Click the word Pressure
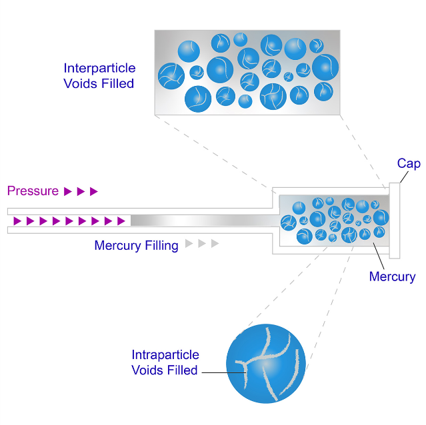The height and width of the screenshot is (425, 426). (x=33, y=191)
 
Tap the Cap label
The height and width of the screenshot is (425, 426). (x=409, y=164)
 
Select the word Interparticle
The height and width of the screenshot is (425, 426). (x=100, y=68)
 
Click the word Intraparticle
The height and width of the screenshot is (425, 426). (x=165, y=354)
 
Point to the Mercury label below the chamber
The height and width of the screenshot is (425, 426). (x=392, y=277)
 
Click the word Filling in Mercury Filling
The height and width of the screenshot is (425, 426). (x=161, y=246)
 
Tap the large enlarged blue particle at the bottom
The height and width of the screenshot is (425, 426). (x=266, y=364)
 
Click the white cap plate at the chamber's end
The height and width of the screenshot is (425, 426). (x=395, y=220)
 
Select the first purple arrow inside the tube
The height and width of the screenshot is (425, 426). (x=17, y=221)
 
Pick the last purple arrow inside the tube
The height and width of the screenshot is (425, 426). (x=121, y=221)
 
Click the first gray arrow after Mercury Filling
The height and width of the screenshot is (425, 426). (x=189, y=243)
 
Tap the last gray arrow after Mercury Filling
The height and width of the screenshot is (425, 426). (x=215, y=243)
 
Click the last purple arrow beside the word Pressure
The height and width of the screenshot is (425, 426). (x=94, y=191)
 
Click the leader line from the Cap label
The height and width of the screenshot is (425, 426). (x=404, y=177)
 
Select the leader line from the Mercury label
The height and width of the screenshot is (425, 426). (x=379, y=256)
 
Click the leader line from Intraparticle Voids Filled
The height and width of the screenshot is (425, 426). (x=224, y=372)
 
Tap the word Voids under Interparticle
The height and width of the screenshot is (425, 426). (x=81, y=83)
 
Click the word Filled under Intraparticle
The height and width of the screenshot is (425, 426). (x=182, y=370)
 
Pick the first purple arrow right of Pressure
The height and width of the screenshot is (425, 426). (x=67, y=191)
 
